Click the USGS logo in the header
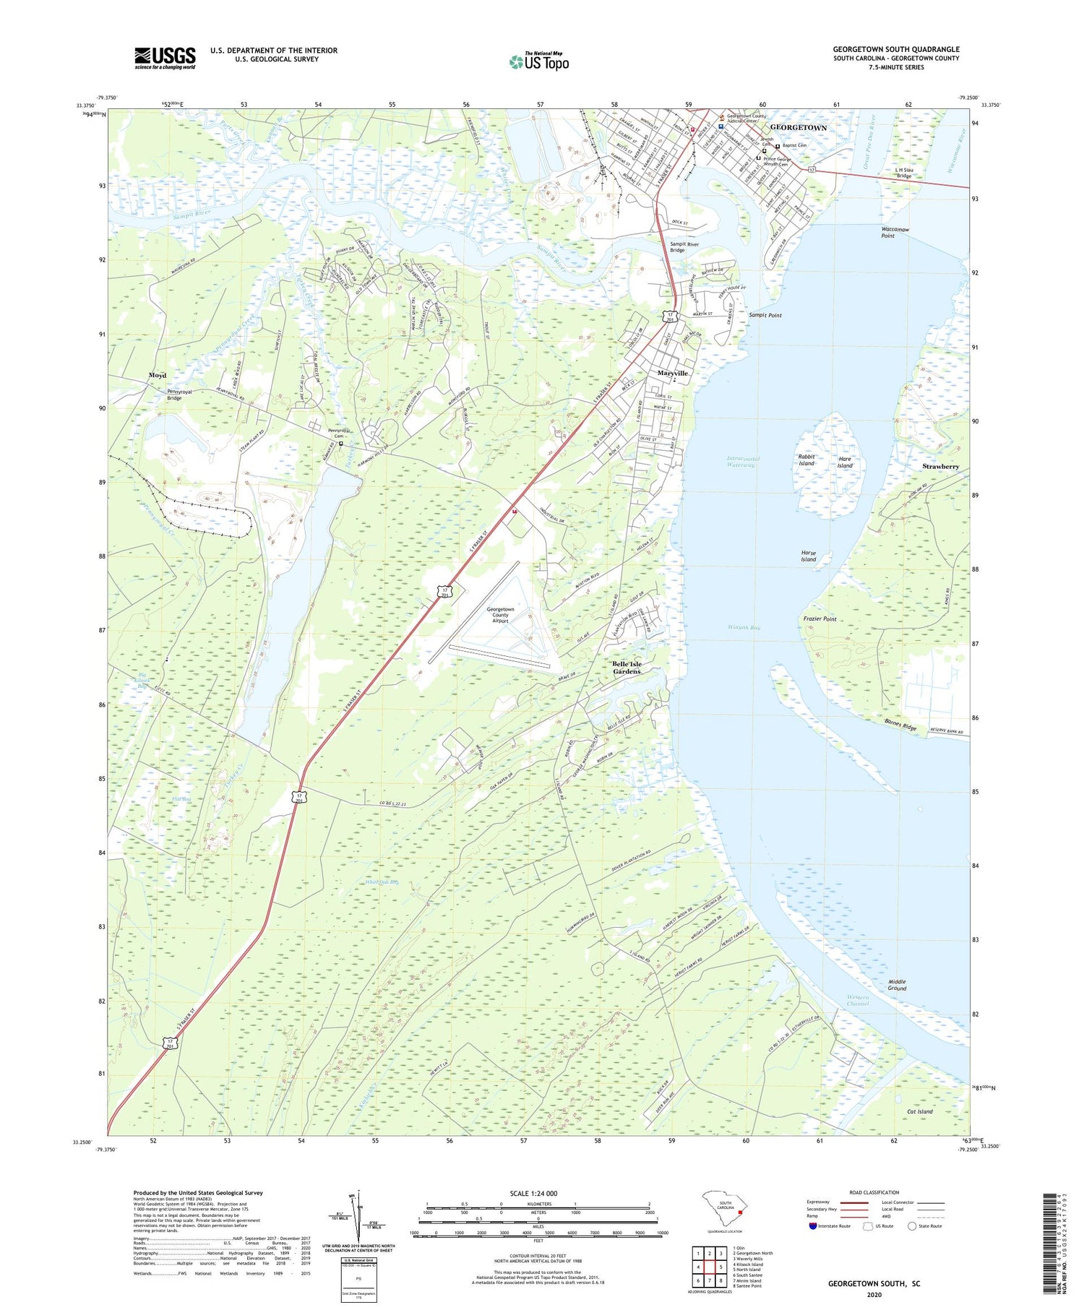coord(165,58)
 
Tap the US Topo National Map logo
coord(538,61)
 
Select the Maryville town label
coord(672,373)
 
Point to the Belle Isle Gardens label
coord(627,667)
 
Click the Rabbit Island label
coord(806,460)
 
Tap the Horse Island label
coord(809,556)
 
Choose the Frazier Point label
coord(820,619)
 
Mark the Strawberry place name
coord(940,467)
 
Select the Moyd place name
coord(158,375)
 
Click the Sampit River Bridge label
coord(684,247)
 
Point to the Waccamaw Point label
coord(895,233)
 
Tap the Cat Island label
coord(920,1111)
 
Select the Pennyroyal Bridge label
coord(174,395)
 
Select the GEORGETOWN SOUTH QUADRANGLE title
coord(895,49)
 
